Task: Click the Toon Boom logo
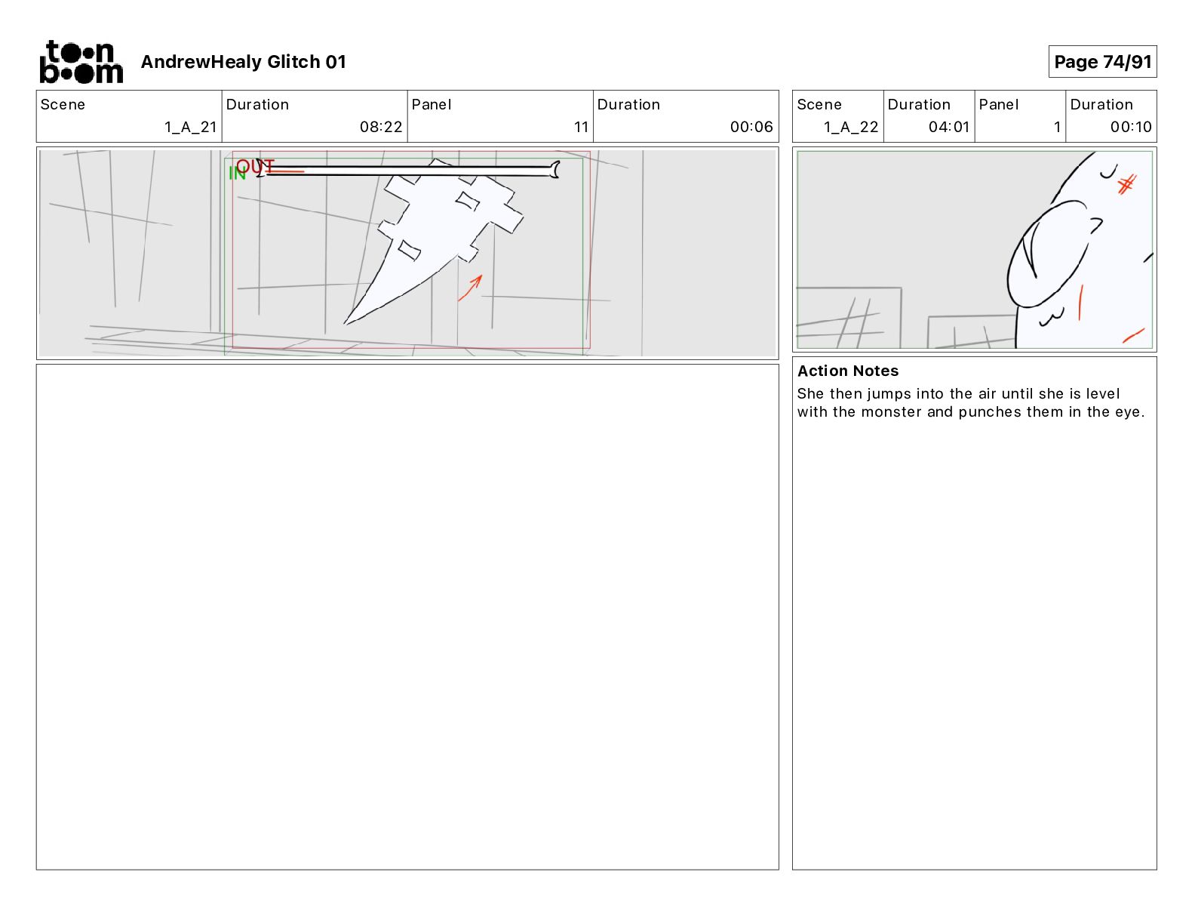pos(81,62)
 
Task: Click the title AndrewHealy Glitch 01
pos(244,62)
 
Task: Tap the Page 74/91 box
pos(1102,62)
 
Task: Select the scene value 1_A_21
pos(190,127)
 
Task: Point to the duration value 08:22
pos(380,127)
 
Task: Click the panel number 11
pos(581,127)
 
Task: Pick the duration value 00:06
pos(751,127)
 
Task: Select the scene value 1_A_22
pos(851,127)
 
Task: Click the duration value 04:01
pos(948,127)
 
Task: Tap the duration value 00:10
pos(1131,127)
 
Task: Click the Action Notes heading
pos(847,371)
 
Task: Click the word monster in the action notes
pos(891,411)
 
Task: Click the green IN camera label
pos(237,174)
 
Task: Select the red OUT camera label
pos(255,166)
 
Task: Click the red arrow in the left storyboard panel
pos(470,288)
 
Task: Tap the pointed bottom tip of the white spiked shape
pos(345,323)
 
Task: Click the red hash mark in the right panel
pos(1127,184)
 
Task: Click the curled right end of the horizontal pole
pos(555,170)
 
